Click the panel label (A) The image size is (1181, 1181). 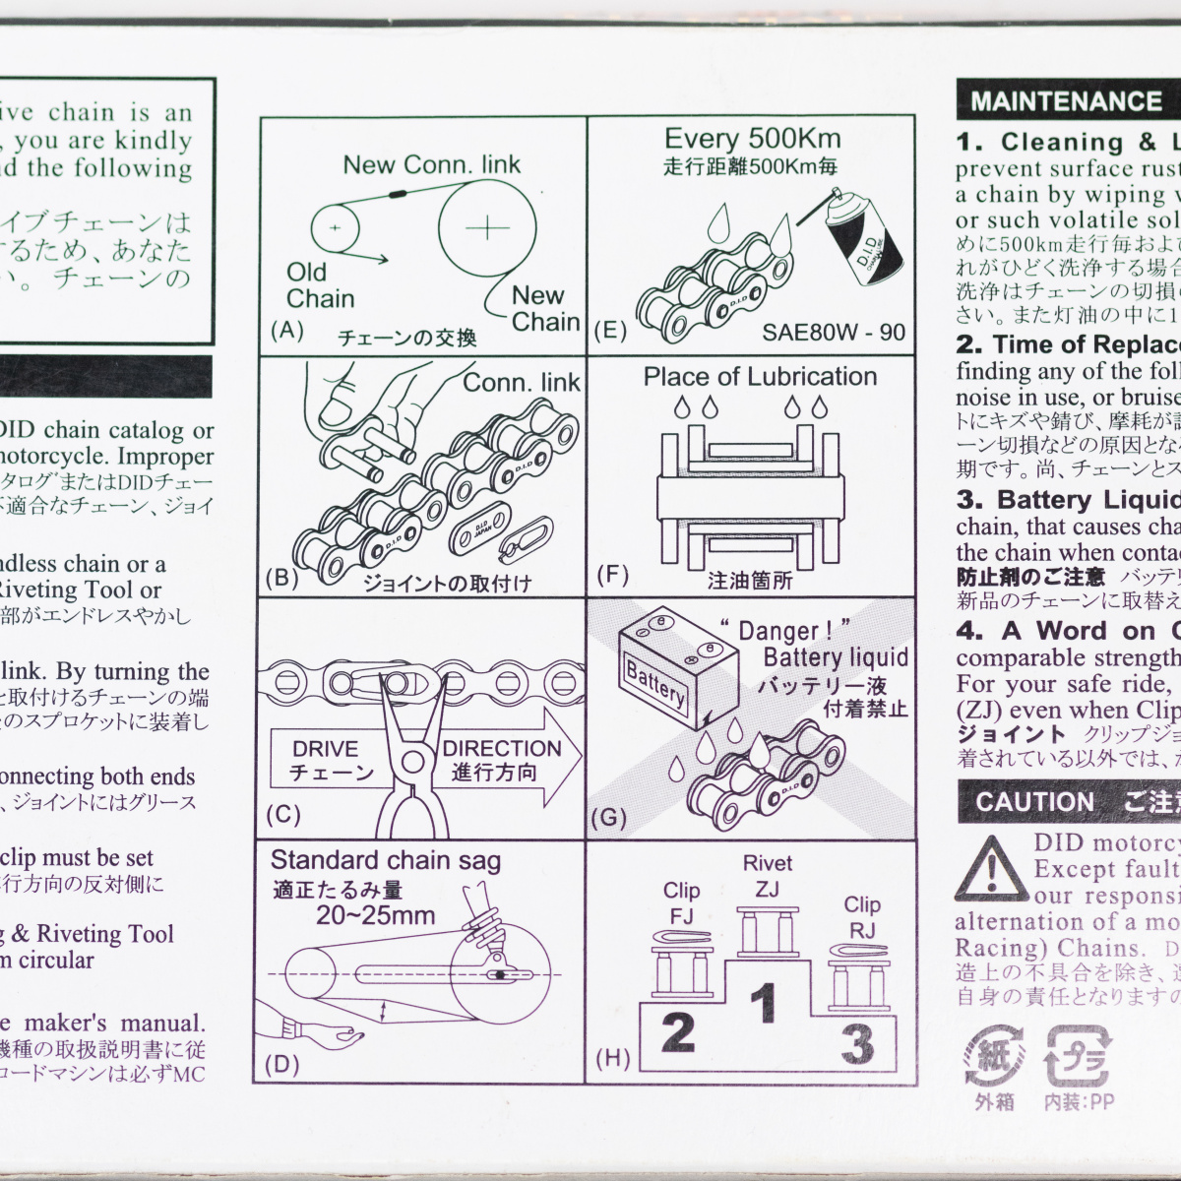tap(286, 331)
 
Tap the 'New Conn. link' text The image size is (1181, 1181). tap(431, 164)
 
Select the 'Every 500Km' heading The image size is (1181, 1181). tap(752, 139)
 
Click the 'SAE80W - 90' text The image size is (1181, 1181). tap(833, 332)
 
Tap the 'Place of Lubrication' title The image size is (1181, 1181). tap(760, 377)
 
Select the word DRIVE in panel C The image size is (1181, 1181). tap(326, 749)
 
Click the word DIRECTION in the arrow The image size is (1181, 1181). tap(501, 749)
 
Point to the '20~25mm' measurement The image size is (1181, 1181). tap(375, 915)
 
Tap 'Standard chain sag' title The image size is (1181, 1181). tap(385, 861)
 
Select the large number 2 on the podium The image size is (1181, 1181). tap(678, 1033)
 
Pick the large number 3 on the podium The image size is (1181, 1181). tap(856, 1044)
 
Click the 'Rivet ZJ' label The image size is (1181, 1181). tap(767, 876)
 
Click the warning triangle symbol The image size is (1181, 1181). tap(991, 870)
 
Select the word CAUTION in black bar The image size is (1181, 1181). tap(1034, 802)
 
